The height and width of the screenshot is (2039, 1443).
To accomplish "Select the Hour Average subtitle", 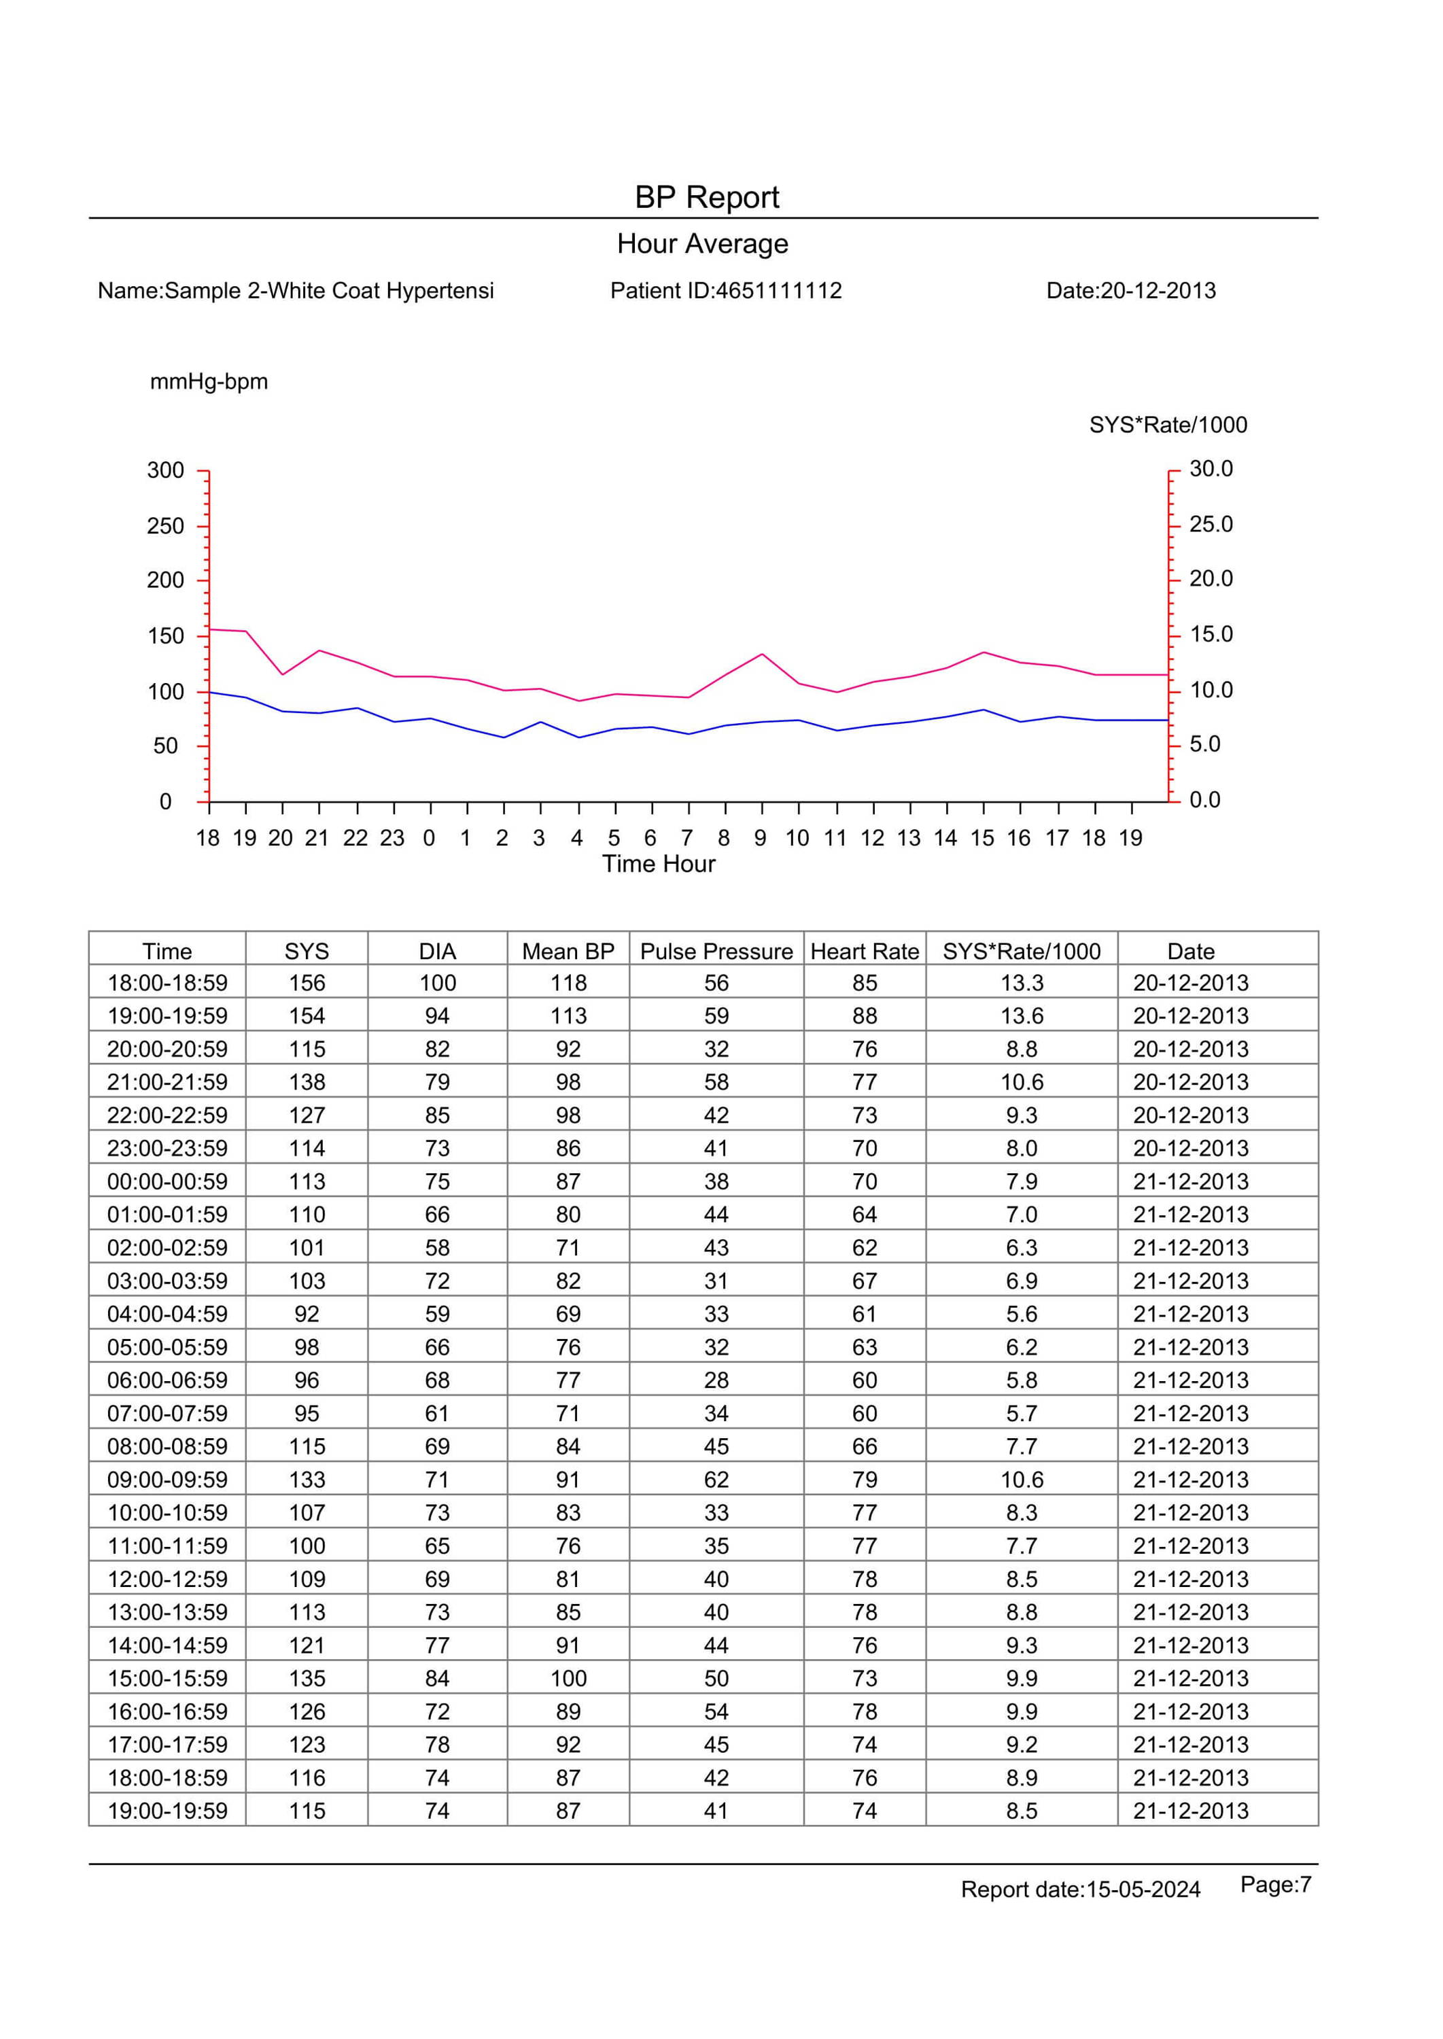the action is pyautogui.click(x=703, y=244).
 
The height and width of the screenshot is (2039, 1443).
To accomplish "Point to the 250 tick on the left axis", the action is pyautogui.click(x=165, y=526).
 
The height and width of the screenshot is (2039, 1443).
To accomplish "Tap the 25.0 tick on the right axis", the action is pyautogui.click(x=1211, y=524).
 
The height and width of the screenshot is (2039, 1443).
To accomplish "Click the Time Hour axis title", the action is pyautogui.click(x=659, y=864).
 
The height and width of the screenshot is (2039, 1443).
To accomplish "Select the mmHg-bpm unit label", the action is pyautogui.click(x=209, y=382).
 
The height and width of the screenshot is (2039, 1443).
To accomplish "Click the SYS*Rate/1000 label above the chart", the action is pyautogui.click(x=1168, y=425).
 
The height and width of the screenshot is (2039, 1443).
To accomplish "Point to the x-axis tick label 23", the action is pyautogui.click(x=392, y=838).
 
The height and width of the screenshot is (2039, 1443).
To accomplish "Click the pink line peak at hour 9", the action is pyautogui.click(x=761, y=654).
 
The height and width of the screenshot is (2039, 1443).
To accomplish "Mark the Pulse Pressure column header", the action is pyautogui.click(x=716, y=952).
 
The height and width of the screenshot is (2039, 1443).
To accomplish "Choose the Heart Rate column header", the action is pyautogui.click(x=865, y=952).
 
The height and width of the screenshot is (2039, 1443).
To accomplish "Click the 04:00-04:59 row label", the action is pyautogui.click(x=167, y=1314).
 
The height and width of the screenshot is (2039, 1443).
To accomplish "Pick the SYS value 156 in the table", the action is pyautogui.click(x=307, y=983).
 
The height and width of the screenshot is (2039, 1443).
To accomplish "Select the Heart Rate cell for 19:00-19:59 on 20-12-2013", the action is pyautogui.click(x=865, y=1015).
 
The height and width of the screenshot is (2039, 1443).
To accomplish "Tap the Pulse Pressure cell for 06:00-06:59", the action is pyautogui.click(x=716, y=1380).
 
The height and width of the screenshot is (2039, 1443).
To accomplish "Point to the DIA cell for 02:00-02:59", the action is pyautogui.click(x=437, y=1247).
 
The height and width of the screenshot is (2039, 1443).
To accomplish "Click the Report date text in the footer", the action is pyautogui.click(x=1081, y=1889).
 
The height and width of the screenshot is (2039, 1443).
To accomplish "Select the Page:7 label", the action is pyautogui.click(x=1276, y=1885).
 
